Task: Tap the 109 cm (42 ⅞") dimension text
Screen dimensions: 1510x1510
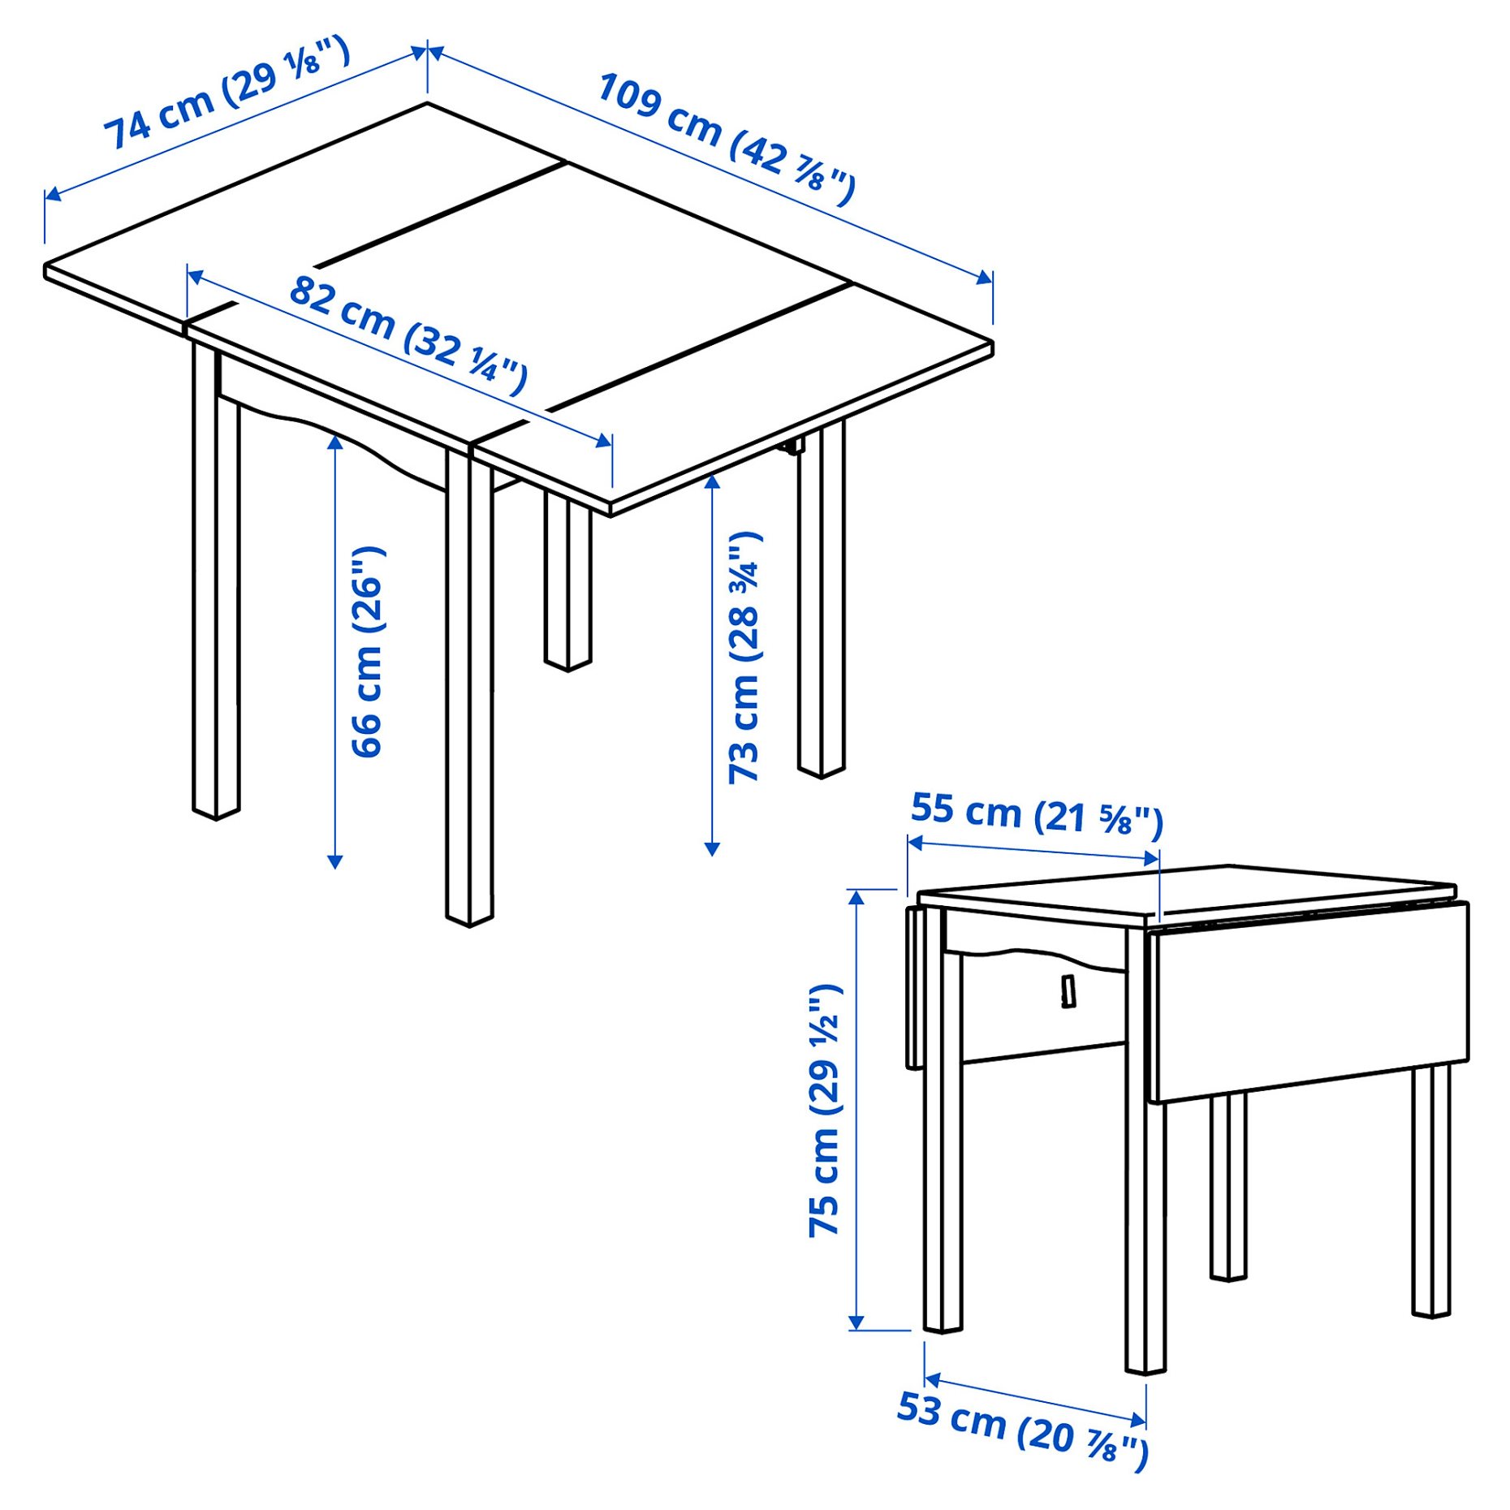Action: [726, 139]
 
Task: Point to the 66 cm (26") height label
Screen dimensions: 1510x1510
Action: [367, 652]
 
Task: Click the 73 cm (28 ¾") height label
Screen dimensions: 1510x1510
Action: [744, 658]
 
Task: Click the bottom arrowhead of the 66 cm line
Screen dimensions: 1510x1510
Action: [334, 862]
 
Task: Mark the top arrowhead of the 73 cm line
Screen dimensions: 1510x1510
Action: [712, 481]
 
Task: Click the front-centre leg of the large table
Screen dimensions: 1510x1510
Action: [469, 690]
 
